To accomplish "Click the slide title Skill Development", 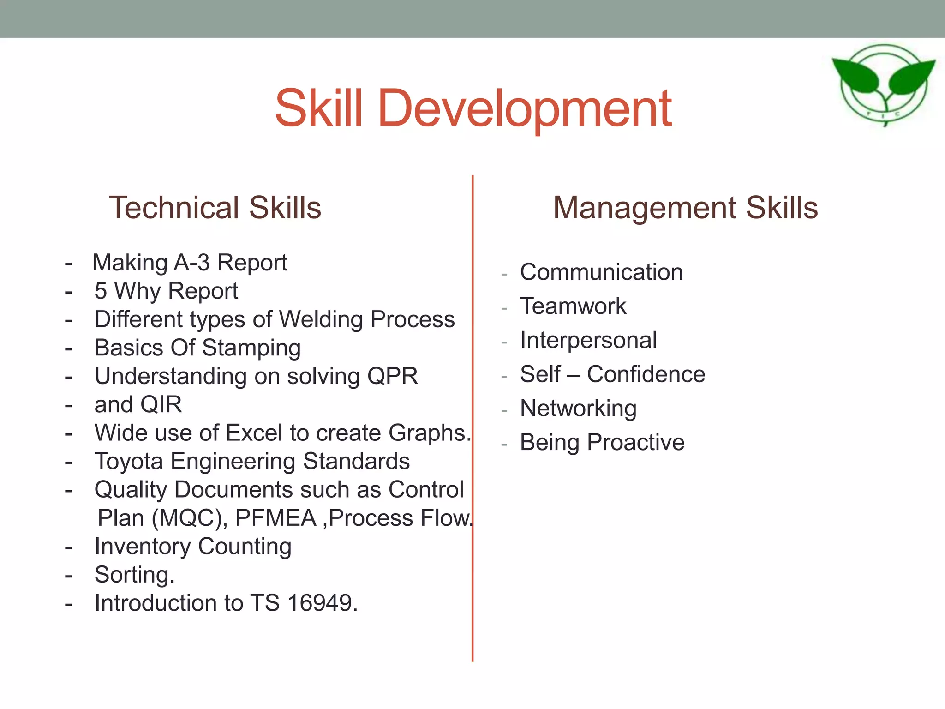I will coord(473,109).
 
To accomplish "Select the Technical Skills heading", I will coord(215,208).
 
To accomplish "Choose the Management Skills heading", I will coord(685,208).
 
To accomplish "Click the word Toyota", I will coord(129,462).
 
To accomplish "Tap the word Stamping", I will coord(251,348).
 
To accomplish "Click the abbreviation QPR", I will coord(392,376).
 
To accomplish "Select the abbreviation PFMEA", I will coord(275,518).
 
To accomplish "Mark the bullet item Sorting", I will coord(134,575).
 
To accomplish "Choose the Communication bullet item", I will coord(601,272).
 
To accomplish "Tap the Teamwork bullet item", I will coord(573,306).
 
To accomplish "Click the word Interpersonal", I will coord(588,341).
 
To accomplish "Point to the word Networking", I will coord(578,409).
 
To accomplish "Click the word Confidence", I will coord(646,374).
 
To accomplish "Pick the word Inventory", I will coord(143,547).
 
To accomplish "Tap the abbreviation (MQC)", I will coord(190,518).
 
